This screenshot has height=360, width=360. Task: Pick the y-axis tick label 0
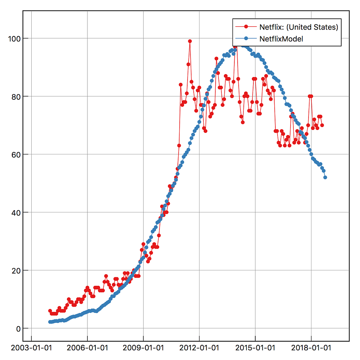(15, 328)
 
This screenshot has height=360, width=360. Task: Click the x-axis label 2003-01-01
(31, 348)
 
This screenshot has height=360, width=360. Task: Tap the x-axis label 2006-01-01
(87, 348)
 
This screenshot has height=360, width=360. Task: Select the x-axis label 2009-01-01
(143, 348)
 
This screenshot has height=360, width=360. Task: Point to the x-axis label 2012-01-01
(199, 348)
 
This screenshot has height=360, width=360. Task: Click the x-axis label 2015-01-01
(255, 348)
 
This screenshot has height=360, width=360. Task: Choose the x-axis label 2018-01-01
(311, 348)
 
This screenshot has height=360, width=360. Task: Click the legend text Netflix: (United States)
(298, 27)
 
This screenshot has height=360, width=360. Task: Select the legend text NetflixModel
(281, 39)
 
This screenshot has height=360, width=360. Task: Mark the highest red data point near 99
(190, 41)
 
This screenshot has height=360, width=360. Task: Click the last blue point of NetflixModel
(325, 177)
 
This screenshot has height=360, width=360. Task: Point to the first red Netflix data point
(50, 311)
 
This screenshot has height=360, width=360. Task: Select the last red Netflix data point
(322, 125)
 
